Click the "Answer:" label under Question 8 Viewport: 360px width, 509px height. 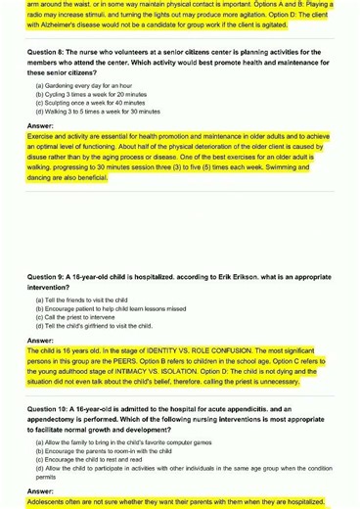point(40,126)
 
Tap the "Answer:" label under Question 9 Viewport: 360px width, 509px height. point(40,340)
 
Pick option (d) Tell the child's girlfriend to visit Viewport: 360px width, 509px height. point(92,324)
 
